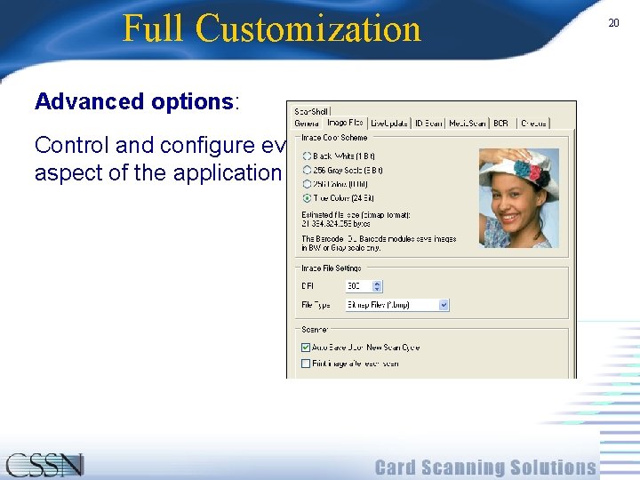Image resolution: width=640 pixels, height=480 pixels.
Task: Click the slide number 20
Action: point(613,23)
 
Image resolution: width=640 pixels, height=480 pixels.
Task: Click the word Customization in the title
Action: point(308,28)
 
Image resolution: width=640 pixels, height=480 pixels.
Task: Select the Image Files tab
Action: point(344,124)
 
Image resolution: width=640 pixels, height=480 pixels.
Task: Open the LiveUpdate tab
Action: point(389,124)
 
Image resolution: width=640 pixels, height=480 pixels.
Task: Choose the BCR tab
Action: point(500,124)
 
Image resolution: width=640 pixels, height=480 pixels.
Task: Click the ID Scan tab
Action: point(428,124)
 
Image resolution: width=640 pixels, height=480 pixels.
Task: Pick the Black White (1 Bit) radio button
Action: point(307,156)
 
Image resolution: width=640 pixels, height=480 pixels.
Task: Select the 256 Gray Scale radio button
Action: point(307,169)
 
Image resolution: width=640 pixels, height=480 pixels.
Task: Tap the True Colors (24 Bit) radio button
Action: point(307,197)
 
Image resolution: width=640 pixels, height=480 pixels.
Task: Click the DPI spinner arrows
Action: point(378,286)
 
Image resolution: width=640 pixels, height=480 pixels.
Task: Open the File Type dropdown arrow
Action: point(444,305)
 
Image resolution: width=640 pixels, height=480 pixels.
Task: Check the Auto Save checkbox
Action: point(307,348)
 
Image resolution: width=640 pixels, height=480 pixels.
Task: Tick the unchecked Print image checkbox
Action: point(307,364)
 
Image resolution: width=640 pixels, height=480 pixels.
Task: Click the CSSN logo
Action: point(44,465)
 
